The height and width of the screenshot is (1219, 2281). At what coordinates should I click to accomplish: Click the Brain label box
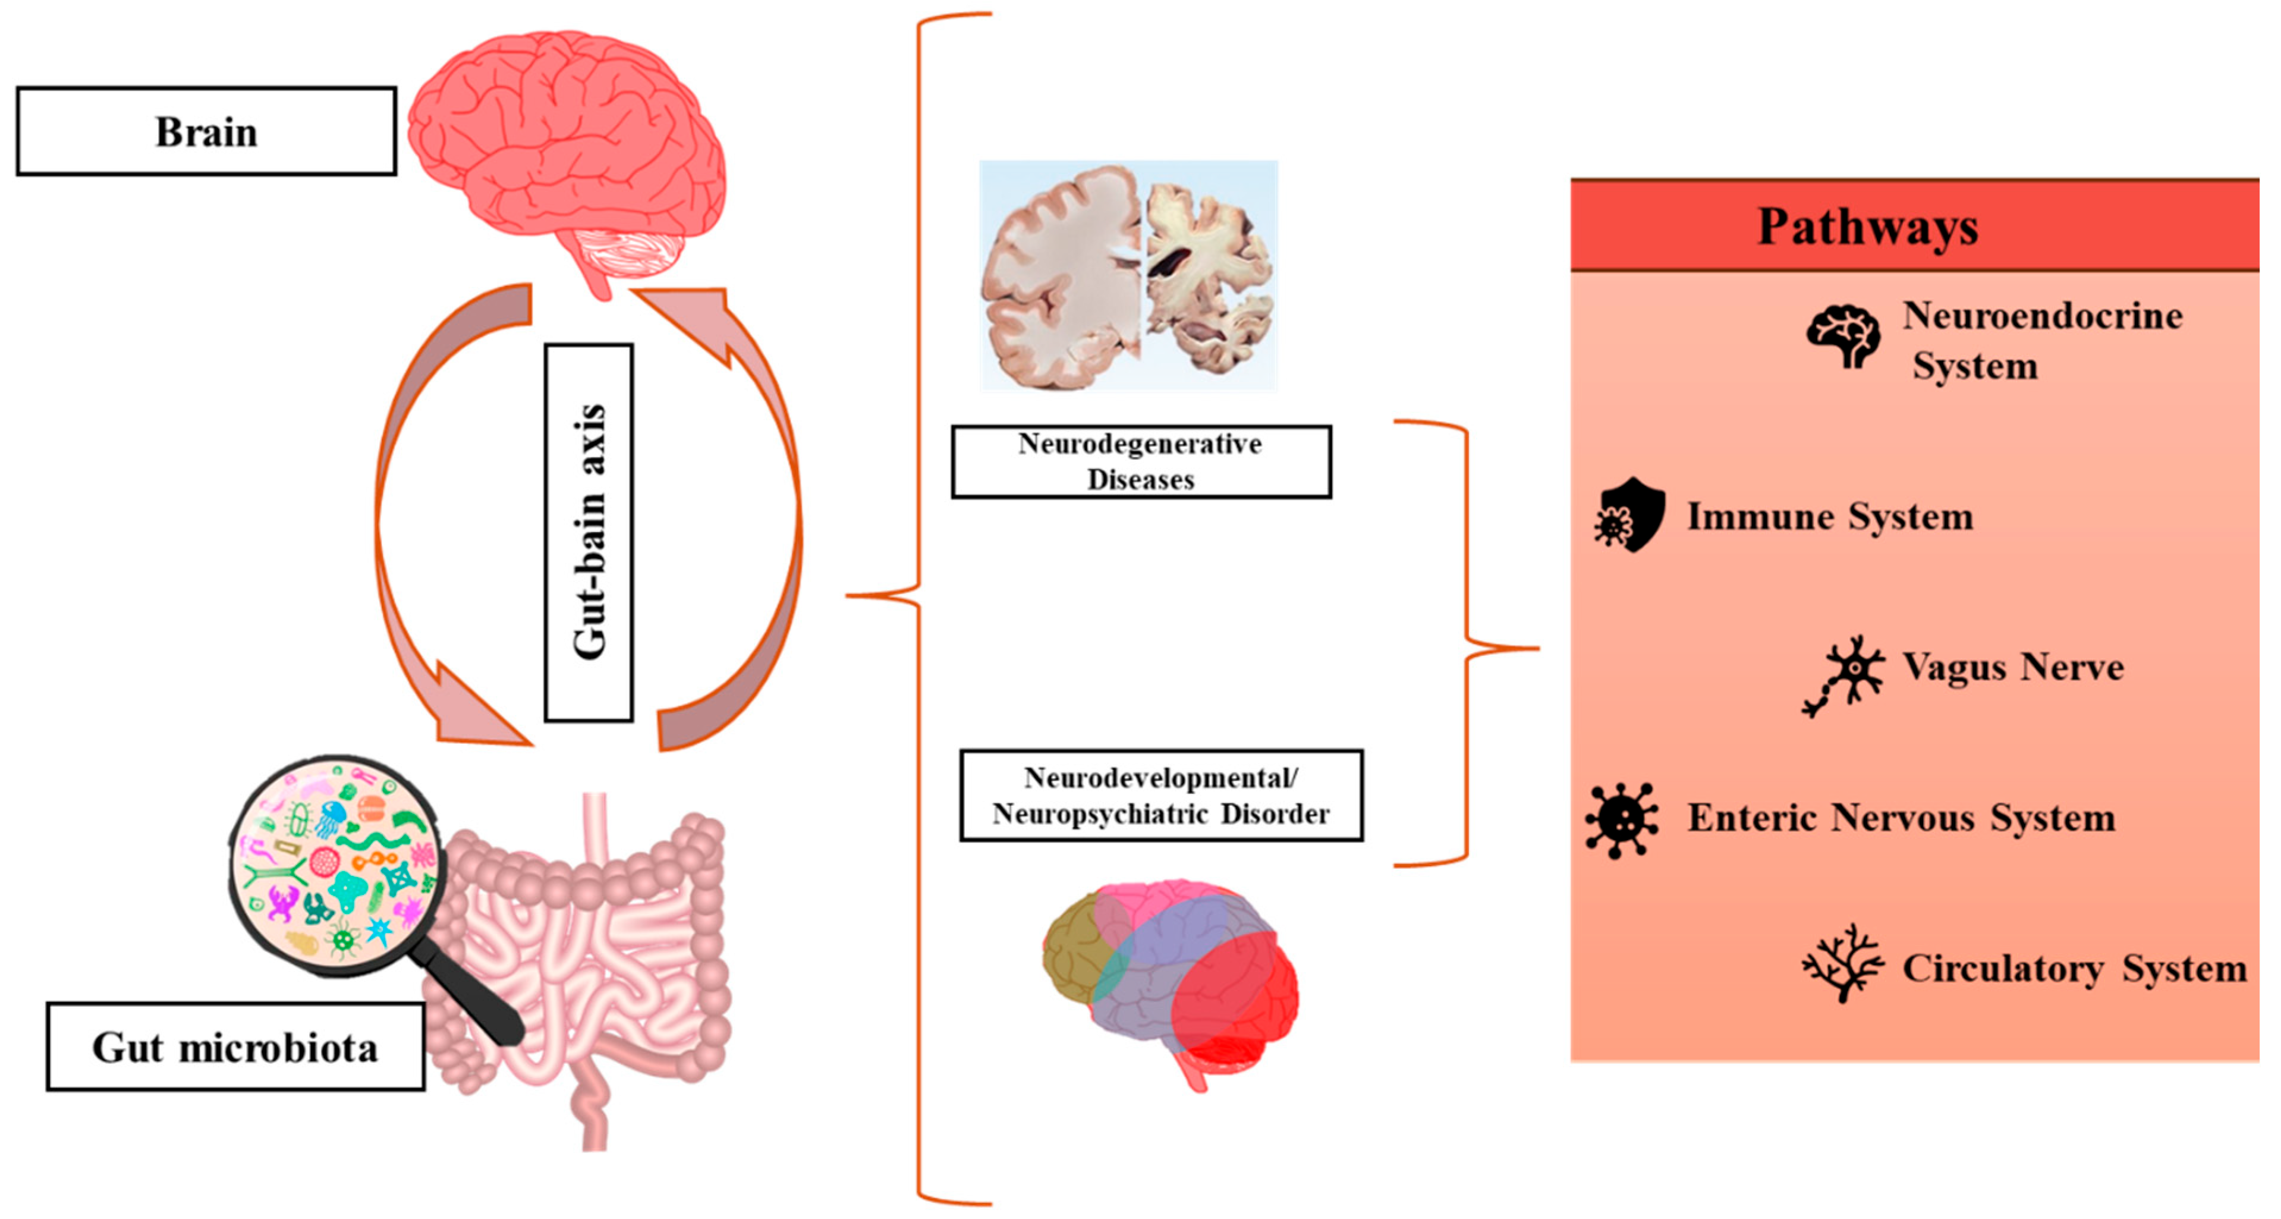click(x=206, y=131)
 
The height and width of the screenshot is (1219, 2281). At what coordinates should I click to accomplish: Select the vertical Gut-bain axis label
click(x=589, y=532)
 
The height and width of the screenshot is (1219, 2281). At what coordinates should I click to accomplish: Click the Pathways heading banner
click(x=1914, y=226)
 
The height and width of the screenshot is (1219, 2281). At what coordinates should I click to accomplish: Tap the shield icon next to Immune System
click(x=1630, y=515)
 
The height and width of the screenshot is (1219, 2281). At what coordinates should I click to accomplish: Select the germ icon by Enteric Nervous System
click(x=1621, y=819)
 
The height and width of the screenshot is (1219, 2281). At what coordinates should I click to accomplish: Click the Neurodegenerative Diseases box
click(x=1140, y=461)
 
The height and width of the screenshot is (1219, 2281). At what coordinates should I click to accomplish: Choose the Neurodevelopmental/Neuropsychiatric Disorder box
click(x=1161, y=796)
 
